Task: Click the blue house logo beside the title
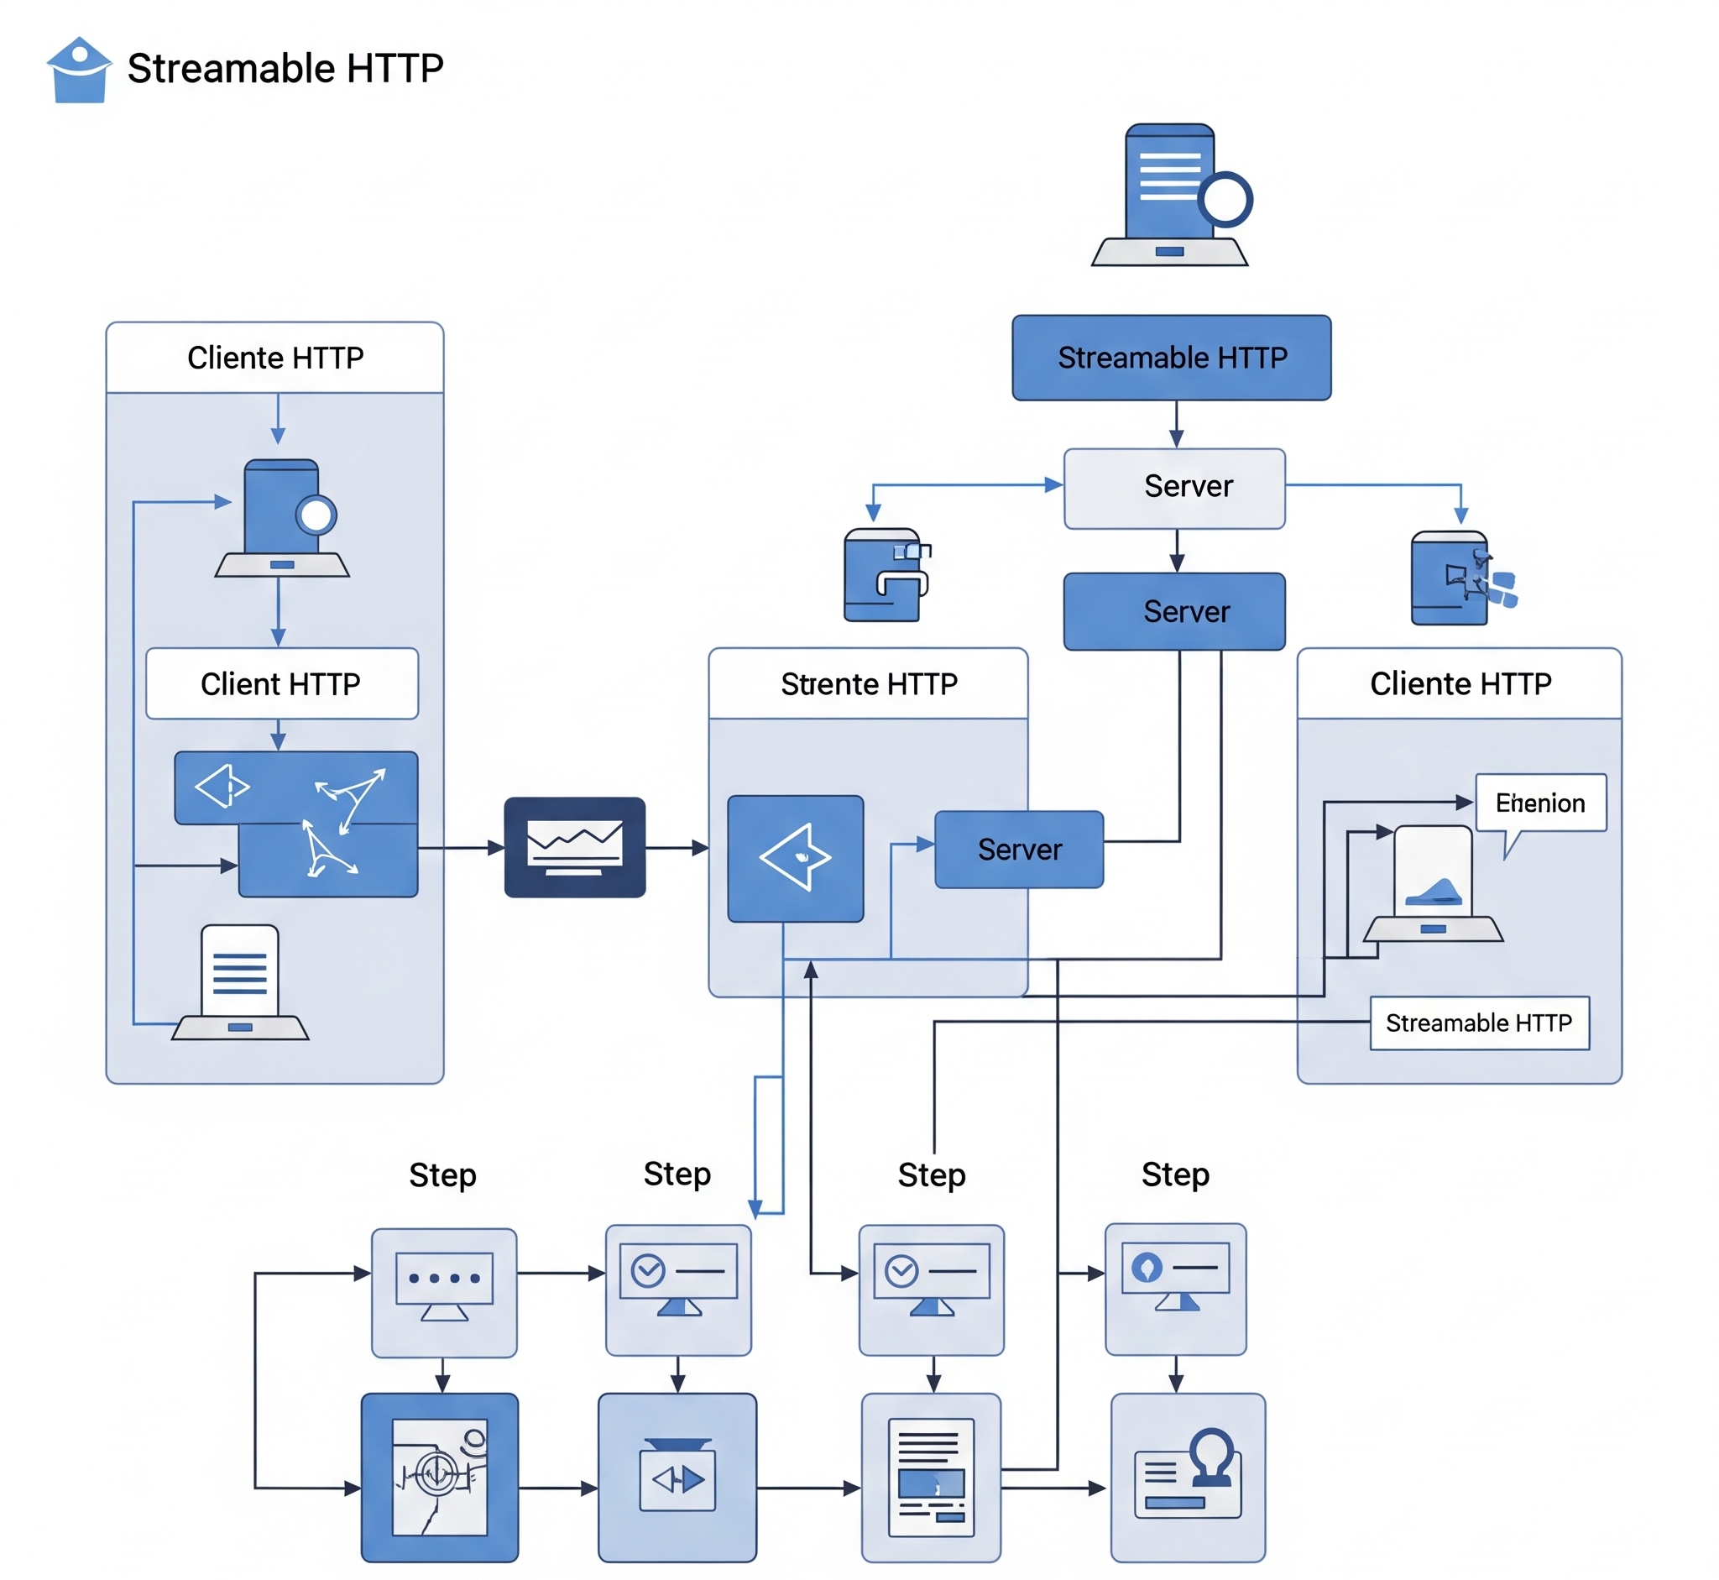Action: pos(79,71)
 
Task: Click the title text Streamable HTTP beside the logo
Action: pos(285,68)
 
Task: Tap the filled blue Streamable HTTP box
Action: pos(1171,358)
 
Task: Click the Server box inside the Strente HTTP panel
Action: pos(1019,849)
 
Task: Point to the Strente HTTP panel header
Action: pos(869,684)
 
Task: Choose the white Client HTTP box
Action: pos(281,684)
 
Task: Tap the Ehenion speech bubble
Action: pos(1540,803)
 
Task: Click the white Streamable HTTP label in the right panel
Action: pos(1479,1023)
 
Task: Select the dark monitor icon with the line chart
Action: pos(574,847)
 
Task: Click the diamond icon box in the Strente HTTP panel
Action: pos(795,858)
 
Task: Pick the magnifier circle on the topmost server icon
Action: pos(1225,200)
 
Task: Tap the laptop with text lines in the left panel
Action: pos(240,983)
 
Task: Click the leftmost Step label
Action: pos(442,1175)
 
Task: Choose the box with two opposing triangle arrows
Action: pos(677,1479)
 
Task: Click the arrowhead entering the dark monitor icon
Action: pos(497,847)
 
